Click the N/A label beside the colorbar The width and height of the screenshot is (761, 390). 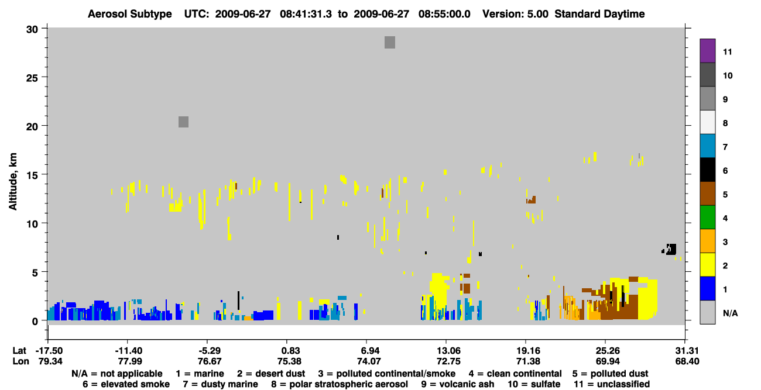(x=730, y=313)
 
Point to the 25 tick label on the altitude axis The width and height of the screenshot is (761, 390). (x=32, y=78)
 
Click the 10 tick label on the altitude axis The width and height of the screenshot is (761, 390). (x=32, y=224)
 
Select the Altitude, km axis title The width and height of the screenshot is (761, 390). (x=13, y=182)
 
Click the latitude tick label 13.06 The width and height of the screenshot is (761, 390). (x=447, y=350)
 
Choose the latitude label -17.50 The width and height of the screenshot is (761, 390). (x=49, y=350)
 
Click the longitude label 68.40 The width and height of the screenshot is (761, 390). (x=687, y=361)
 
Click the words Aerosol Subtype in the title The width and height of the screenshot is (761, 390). (x=130, y=14)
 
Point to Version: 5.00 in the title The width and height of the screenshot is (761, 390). (x=515, y=14)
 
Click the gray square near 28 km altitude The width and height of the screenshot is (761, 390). (x=390, y=43)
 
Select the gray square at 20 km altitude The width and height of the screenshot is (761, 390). (x=183, y=122)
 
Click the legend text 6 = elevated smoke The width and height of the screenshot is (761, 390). (x=126, y=384)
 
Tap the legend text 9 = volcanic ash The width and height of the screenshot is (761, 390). (x=458, y=384)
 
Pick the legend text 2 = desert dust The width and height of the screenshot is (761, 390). (x=271, y=374)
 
